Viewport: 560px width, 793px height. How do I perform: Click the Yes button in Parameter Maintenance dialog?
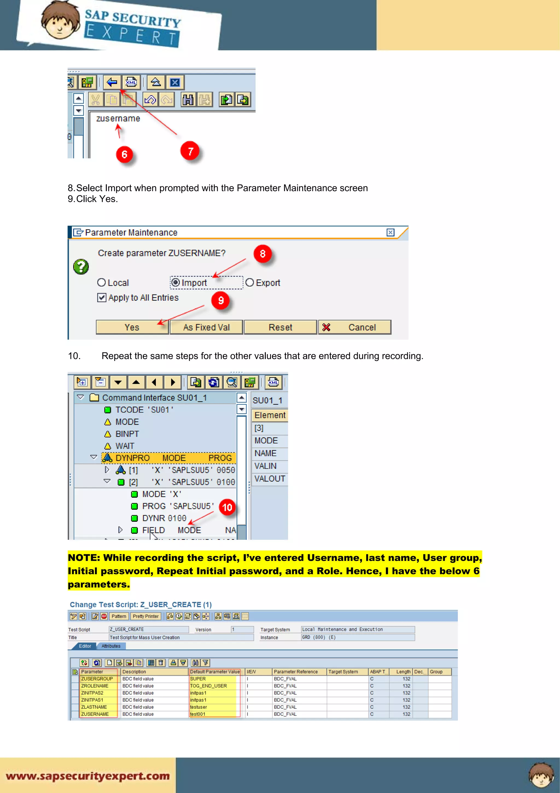[x=132, y=327]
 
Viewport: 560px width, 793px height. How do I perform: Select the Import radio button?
[x=176, y=282]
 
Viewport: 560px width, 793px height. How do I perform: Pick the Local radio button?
[x=101, y=282]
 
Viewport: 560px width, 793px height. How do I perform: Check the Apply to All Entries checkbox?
[x=102, y=297]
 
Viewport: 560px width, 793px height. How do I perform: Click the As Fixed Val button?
[x=206, y=327]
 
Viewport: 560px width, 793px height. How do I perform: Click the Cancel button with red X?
[x=354, y=327]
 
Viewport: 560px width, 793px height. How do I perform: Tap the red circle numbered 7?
[x=190, y=151]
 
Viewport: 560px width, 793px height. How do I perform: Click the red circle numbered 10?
[x=227, y=507]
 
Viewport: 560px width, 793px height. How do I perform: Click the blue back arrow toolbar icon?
[x=112, y=82]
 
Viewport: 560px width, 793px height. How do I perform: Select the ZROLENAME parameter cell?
[x=95, y=686]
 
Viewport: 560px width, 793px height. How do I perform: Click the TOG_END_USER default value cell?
[x=208, y=686]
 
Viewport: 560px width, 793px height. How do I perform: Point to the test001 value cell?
[x=198, y=714]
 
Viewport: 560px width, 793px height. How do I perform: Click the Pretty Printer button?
[x=146, y=616]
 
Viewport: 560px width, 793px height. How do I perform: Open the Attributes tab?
[x=111, y=646]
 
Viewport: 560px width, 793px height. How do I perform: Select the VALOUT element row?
[x=270, y=479]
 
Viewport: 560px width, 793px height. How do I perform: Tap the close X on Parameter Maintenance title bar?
[x=390, y=232]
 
